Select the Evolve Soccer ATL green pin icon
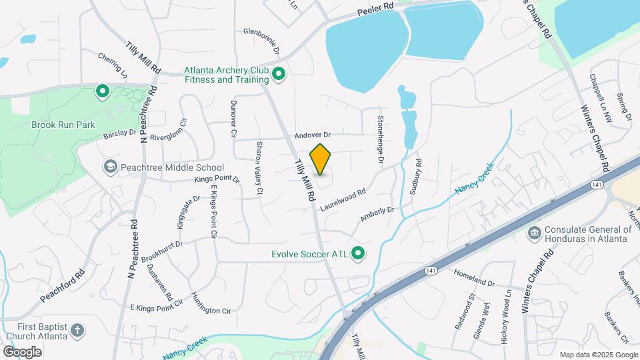coord(359,253)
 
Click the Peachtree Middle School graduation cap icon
coord(110,167)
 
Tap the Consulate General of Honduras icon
coord(534,233)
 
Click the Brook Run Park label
coord(63,125)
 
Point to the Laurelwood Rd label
coord(343,199)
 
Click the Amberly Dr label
coord(377,213)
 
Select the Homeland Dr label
coord(475,278)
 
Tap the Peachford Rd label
coord(62,285)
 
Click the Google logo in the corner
coord(22,351)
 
